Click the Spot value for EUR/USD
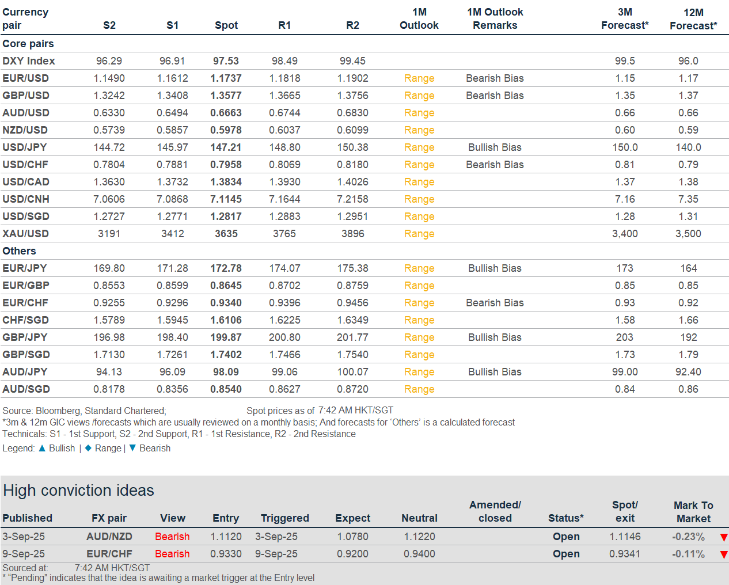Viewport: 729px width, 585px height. tap(226, 78)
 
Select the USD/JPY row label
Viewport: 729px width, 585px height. tap(24, 147)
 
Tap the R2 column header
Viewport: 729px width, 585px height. tap(352, 25)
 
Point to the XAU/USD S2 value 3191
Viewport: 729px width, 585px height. tap(109, 234)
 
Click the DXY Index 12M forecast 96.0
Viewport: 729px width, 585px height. tap(688, 61)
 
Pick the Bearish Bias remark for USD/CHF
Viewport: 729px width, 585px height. tap(495, 165)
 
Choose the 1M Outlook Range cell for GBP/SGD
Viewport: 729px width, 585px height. tap(419, 355)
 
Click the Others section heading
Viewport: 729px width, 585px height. tap(19, 251)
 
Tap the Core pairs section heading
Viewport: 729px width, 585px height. tap(28, 44)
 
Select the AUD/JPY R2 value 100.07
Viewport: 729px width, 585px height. tap(352, 372)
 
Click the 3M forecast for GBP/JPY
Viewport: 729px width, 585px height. tap(625, 337)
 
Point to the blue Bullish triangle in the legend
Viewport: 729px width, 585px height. tap(42, 448)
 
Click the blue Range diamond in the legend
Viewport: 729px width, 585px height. tap(88, 448)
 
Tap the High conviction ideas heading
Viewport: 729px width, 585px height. tap(78, 490)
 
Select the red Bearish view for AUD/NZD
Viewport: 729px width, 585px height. tap(172, 537)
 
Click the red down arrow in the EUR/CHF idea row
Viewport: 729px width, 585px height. tap(724, 554)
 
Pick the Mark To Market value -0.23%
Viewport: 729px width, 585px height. tap(688, 537)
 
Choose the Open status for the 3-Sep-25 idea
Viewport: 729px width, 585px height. tap(566, 537)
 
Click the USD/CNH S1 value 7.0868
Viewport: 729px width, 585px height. tap(172, 199)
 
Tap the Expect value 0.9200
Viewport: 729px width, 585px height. tap(352, 554)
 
